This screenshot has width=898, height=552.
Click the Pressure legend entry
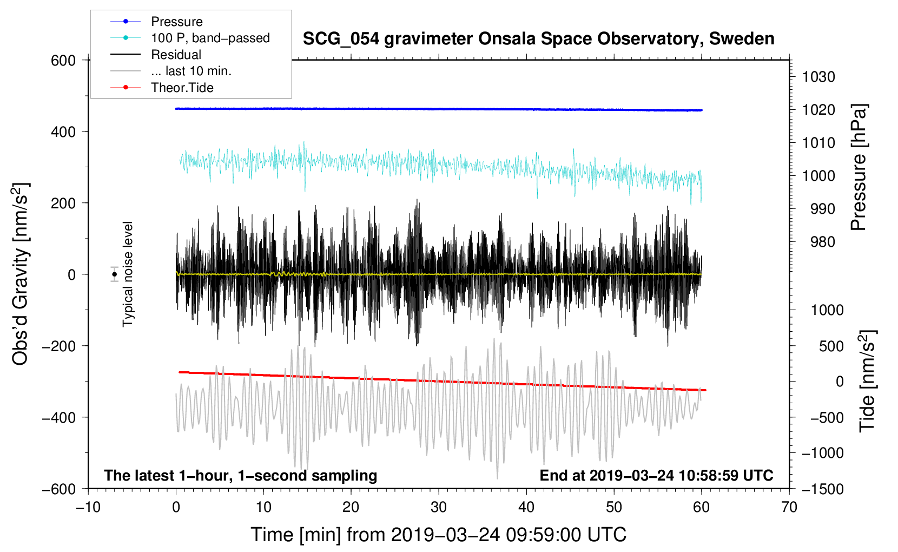(176, 22)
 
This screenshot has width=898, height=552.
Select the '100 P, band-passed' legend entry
(210, 38)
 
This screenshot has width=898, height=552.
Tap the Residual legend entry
(176, 55)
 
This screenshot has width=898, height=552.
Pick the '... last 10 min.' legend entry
(191, 71)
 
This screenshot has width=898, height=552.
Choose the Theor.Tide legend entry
(182, 88)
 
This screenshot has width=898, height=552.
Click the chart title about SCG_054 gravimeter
(538, 39)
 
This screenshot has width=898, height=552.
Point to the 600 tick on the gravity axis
(63, 61)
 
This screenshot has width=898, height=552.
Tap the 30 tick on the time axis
(439, 507)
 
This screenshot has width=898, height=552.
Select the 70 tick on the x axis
(789, 507)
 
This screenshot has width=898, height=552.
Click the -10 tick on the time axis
(88, 507)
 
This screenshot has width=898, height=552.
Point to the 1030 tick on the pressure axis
(818, 77)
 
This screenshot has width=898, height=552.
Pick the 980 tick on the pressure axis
(822, 242)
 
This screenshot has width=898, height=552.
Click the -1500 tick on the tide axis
(822, 489)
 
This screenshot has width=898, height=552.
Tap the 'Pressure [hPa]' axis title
(859, 167)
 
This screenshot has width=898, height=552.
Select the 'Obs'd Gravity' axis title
(21, 274)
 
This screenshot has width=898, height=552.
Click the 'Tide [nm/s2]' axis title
(867, 380)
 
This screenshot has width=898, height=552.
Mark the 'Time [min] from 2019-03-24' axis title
(438, 535)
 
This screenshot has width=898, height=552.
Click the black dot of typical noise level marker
(114, 274)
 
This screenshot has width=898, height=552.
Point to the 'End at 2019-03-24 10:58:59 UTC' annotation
(656, 475)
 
